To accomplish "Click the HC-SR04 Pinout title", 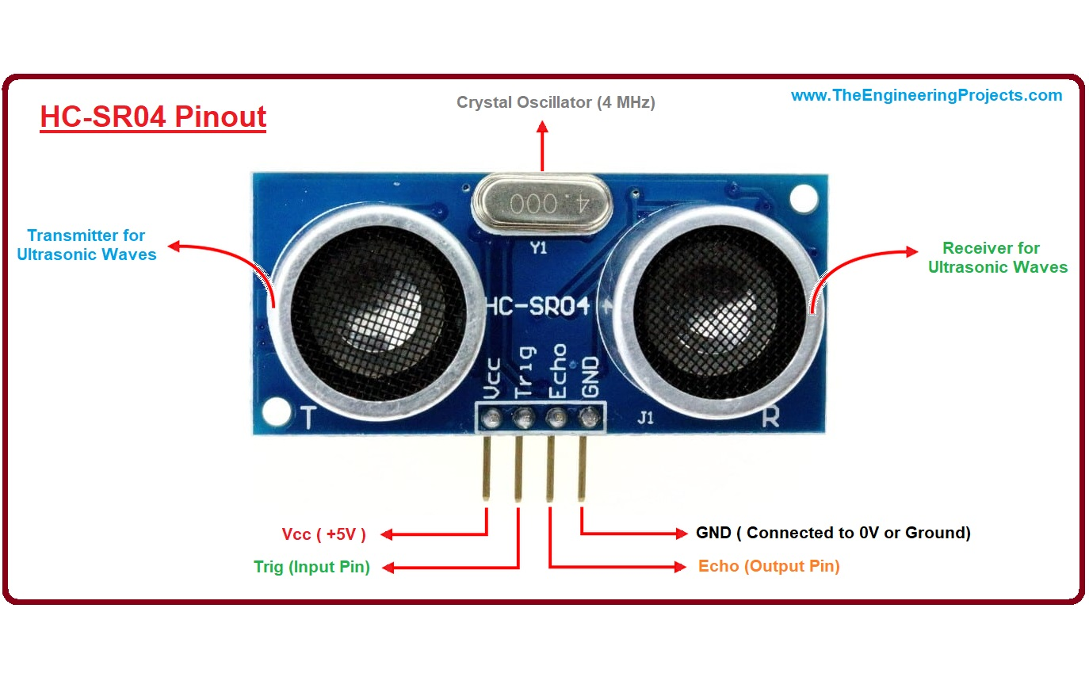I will pyautogui.click(x=153, y=117).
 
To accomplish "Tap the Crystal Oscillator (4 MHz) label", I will pyautogui.click(x=556, y=102).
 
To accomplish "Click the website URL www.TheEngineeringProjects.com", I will pyautogui.click(x=926, y=95).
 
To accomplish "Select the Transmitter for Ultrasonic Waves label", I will pyautogui.click(x=91, y=245).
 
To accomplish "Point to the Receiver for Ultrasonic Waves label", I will pyautogui.click(x=997, y=258).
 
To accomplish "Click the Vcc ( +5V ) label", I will pyautogui.click(x=324, y=534).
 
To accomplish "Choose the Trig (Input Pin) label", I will pyautogui.click(x=311, y=567).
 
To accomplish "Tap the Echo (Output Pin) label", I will pyautogui.click(x=768, y=566).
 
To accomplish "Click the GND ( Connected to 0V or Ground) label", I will pyautogui.click(x=832, y=533).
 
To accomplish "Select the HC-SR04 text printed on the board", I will pyautogui.click(x=537, y=306).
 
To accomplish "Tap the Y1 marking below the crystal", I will pyautogui.click(x=538, y=248).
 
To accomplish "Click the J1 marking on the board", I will pyautogui.click(x=647, y=418).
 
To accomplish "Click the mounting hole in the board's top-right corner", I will pyautogui.click(x=804, y=195).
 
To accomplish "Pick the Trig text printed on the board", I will pyautogui.click(x=525, y=373).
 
